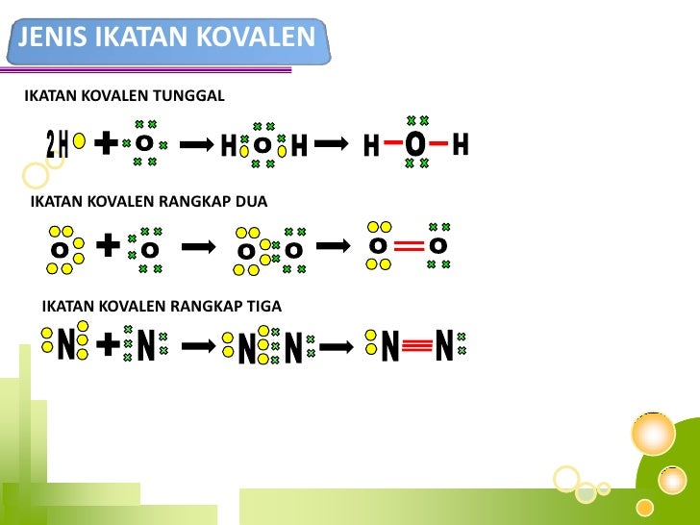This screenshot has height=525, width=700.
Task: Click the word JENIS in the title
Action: pos(53,38)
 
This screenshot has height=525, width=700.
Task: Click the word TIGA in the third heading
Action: pos(262,307)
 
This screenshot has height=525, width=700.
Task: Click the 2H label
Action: pos(58,145)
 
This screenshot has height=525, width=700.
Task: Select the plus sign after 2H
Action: pos(107,143)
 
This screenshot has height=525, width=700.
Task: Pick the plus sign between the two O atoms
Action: pos(109,246)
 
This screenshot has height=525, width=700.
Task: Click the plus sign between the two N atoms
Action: pos(109,343)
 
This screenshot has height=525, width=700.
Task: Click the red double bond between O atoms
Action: pos(409,247)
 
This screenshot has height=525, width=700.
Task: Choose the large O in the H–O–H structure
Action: pos(414,144)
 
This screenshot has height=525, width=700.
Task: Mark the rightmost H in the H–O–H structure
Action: pos(460,145)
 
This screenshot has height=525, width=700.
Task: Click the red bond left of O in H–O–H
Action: pos(392,145)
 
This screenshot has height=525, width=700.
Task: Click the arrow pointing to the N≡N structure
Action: pos(337,345)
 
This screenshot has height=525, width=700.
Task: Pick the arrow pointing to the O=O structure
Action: pos(334,246)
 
